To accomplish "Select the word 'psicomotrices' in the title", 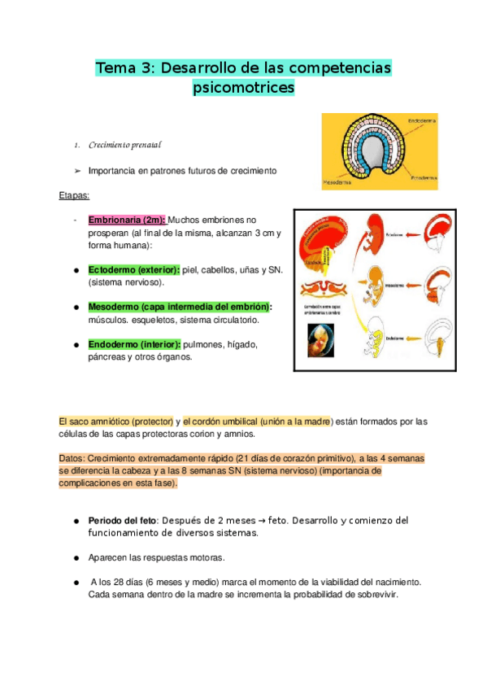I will pos(244,88).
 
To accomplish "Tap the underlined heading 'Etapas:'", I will pos(75,196).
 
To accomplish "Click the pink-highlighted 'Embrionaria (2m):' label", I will pos(126,220).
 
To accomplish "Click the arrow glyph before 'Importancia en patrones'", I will pos(76,171).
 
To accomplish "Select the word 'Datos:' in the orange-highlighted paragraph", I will pos(72,459).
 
